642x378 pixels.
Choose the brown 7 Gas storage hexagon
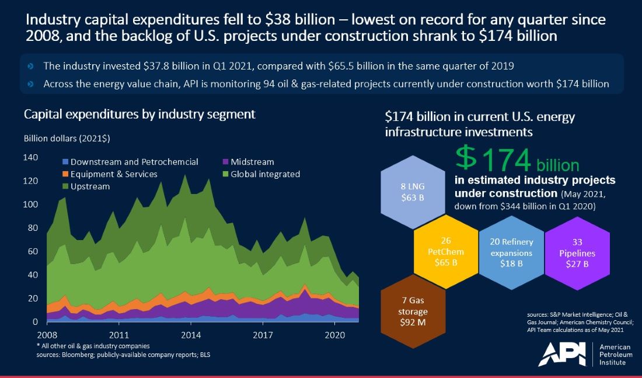[x=414, y=313]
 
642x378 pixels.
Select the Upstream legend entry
[x=89, y=186]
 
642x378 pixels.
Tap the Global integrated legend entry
[x=265, y=174]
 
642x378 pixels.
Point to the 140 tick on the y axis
[x=31, y=158]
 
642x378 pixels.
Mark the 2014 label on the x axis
[x=191, y=335]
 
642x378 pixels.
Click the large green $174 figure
[x=493, y=161]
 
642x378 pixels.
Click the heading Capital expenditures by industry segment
[x=139, y=114]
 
